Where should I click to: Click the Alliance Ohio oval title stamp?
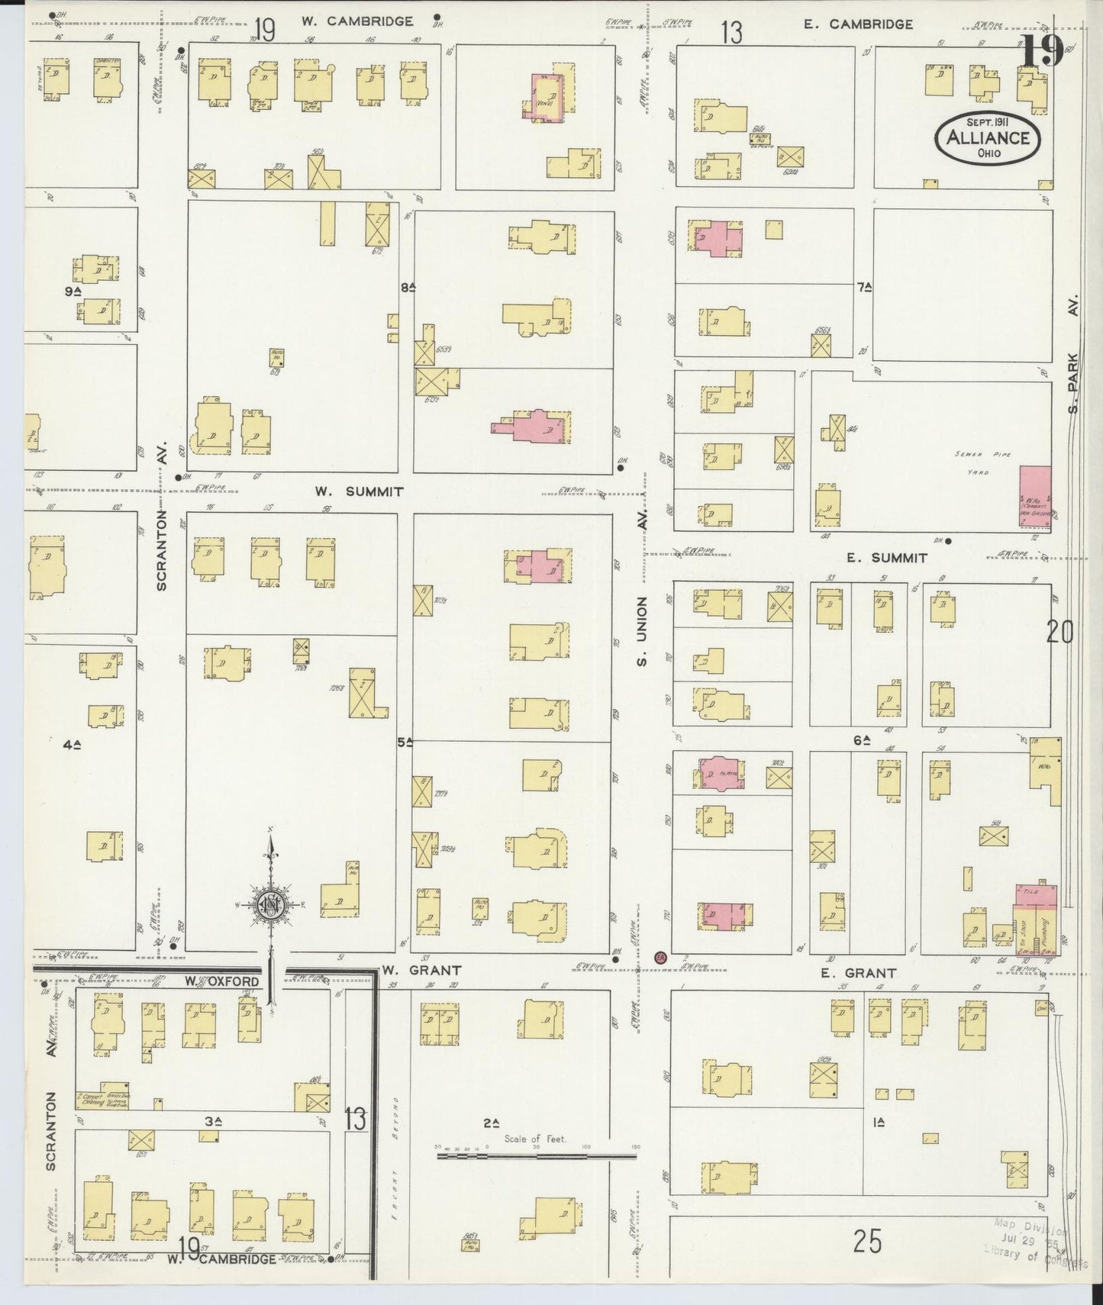coord(988,137)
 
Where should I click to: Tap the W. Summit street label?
coord(359,492)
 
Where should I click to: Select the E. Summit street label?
coord(888,558)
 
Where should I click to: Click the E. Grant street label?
coord(869,973)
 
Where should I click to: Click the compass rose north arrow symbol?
coord(270,904)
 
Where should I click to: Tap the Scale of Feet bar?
coord(536,1155)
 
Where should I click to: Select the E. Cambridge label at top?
coord(858,24)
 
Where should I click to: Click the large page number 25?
coord(868,1242)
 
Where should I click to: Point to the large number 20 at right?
coord(1059,632)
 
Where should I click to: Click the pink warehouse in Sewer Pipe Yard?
coord(1035,498)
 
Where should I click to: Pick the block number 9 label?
coord(73,291)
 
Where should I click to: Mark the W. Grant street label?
coord(422,971)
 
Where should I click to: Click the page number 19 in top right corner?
coord(1041,52)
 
